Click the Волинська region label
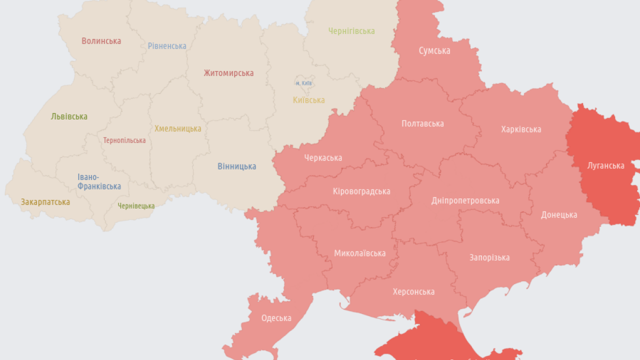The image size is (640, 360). tap(101, 41)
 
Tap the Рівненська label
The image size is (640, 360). tap(167, 46)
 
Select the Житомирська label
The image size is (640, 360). tap(228, 73)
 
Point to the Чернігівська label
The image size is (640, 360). tap(351, 31)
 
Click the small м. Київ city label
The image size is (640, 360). tap(303, 83)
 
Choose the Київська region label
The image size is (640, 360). tap(308, 100)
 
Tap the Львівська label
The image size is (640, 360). tap(69, 116)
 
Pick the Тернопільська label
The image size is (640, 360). tap(124, 140)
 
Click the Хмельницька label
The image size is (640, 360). tap(177, 128)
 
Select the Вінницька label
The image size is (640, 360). tap(236, 166)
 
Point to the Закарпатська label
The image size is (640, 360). tap(45, 202)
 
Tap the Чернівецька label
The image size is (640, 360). tap(136, 206)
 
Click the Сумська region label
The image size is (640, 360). tap(434, 50)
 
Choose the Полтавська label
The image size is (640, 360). tap(422, 123)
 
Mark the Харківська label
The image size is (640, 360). tap(521, 129)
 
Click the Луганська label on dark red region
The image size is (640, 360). tap(606, 165)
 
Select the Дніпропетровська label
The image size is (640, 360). tap(465, 200)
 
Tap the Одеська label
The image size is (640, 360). tap(276, 318)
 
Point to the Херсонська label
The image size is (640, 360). tap(413, 291)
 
